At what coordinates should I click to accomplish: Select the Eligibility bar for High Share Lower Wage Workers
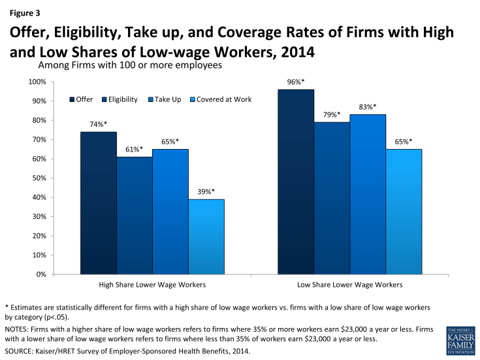click(135, 215)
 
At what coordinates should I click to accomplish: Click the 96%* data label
click(295, 82)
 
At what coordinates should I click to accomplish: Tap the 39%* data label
click(206, 192)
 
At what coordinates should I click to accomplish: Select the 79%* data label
click(331, 115)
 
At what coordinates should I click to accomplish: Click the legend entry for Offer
click(81, 99)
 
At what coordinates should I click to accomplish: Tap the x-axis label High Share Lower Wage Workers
click(152, 285)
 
